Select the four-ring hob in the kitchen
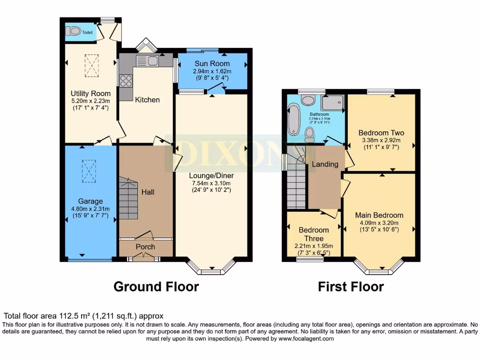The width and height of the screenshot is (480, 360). coord(126,81)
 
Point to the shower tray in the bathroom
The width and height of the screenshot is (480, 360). coord(332,103)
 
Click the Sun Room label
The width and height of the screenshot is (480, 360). coord(212,64)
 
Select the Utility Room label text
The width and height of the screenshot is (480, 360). coord(90,93)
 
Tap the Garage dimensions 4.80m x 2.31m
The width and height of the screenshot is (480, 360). coord(90,209)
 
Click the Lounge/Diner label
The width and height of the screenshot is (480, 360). coord(211,176)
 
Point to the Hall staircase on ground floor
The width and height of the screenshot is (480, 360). coord(127,198)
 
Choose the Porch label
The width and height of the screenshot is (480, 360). coord(145,247)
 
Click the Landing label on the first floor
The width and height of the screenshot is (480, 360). coord(325,164)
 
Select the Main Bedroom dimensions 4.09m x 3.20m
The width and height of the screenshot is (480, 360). coord(379,223)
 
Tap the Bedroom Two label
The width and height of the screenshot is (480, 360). coord(381,133)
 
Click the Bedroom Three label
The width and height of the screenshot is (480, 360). coord(314,234)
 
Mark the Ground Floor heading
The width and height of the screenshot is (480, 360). coord(156,286)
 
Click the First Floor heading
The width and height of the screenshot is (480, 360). coord(351,286)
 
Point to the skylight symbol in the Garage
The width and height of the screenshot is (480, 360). coord(89,170)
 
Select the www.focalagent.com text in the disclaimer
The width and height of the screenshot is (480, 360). coord(306,338)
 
